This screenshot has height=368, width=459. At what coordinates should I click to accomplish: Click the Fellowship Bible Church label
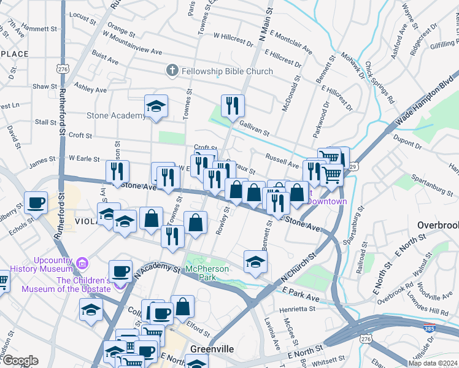[227, 71]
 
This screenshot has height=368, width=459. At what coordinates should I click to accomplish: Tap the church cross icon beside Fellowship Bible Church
[171, 71]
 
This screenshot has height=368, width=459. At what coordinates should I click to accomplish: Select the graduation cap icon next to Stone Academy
[156, 107]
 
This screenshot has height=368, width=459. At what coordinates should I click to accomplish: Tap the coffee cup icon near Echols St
[36, 202]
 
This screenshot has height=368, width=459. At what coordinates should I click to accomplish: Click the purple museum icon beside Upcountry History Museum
[83, 264]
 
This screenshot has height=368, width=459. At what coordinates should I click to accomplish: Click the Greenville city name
[212, 349]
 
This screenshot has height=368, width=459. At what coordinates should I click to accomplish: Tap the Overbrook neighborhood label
[438, 225]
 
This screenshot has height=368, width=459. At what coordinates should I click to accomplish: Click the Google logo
[20, 361]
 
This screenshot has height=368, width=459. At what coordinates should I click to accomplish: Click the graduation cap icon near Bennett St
[255, 261]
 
